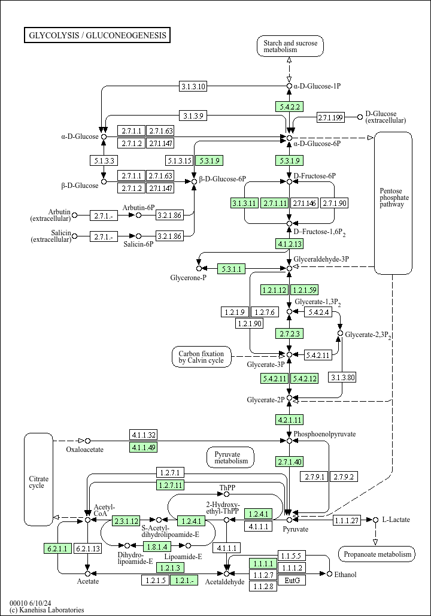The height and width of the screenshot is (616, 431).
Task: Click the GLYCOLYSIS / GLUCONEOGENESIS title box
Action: click(x=97, y=35)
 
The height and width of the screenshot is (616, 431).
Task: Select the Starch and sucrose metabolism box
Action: click(x=290, y=46)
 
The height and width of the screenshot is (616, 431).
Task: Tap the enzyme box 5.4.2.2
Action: click(x=289, y=107)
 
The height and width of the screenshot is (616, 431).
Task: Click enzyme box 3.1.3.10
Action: click(x=193, y=86)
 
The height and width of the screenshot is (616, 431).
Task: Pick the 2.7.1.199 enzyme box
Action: click(x=330, y=117)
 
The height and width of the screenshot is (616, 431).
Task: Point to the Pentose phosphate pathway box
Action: click(x=393, y=203)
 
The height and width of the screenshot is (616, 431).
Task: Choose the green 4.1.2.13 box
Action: click(x=290, y=244)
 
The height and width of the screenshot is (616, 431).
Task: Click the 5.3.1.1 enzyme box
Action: click(x=232, y=269)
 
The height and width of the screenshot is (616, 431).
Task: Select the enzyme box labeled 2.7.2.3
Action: click(x=289, y=333)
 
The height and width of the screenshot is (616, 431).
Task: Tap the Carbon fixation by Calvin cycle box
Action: click(x=202, y=357)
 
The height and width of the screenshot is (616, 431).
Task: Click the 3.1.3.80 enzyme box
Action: click(x=343, y=378)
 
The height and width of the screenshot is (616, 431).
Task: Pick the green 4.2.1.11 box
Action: click(x=290, y=420)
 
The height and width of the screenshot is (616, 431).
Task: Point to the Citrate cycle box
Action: click(x=38, y=480)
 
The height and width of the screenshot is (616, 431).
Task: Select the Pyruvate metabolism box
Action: click(x=230, y=458)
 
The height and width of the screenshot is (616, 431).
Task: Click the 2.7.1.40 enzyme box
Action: click(x=290, y=462)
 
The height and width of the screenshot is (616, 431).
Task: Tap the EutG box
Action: click(x=292, y=580)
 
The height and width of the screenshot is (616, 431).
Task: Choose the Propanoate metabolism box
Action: click(x=377, y=554)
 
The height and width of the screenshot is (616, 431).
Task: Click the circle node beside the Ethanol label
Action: click(x=330, y=574)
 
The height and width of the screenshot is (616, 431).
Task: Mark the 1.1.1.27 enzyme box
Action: click(x=347, y=520)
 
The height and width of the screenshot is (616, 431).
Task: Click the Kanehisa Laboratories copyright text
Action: click(x=47, y=610)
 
